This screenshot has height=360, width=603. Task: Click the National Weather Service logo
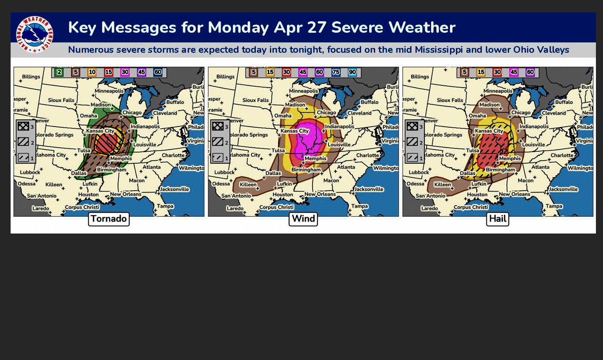pos(34,34)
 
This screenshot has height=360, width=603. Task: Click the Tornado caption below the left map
pos(109,219)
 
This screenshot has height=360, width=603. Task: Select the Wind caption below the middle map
pos(303,219)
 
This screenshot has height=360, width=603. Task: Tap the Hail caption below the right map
pos(498,219)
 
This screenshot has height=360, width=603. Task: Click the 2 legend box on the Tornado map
pos(59,72)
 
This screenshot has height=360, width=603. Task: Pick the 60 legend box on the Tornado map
pos(158,72)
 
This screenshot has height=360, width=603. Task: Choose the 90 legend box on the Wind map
pos(352,72)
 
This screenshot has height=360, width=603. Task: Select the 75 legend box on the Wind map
pos(336,72)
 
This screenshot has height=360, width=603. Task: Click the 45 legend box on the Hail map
pos(514,72)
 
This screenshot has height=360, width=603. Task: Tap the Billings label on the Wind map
pos(225,77)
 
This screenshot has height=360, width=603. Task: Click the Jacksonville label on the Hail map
pos(563,189)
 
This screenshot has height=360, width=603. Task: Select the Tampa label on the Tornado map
pos(165,206)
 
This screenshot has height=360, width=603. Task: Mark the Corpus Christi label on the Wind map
pos(276,207)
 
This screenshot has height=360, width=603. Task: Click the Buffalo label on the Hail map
pos(564,102)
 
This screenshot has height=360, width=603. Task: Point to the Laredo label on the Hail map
pos(429,208)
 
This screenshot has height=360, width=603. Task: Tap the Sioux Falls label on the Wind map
pos(256,100)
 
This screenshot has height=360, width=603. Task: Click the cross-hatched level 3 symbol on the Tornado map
pos(23,126)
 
